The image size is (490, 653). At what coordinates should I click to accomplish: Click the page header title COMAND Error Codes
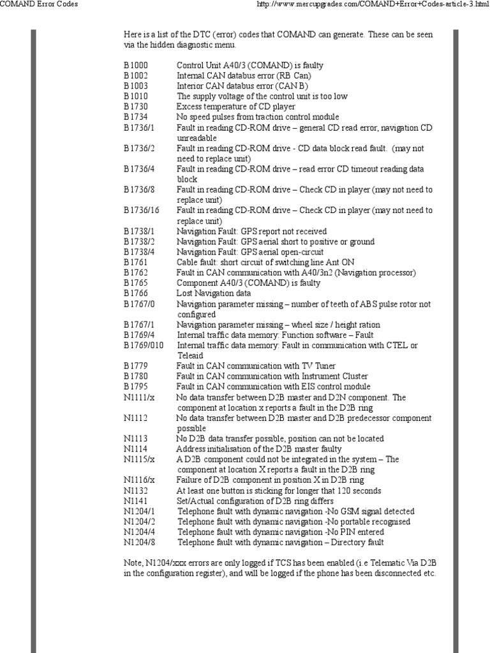[x=40, y=4]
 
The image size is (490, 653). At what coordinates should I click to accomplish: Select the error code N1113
[x=135, y=438]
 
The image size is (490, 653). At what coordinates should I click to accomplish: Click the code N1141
[x=135, y=501]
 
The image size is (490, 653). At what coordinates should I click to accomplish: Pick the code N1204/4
[x=138, y=532]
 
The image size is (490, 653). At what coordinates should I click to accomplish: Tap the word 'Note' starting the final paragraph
[x=133, y=563]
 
